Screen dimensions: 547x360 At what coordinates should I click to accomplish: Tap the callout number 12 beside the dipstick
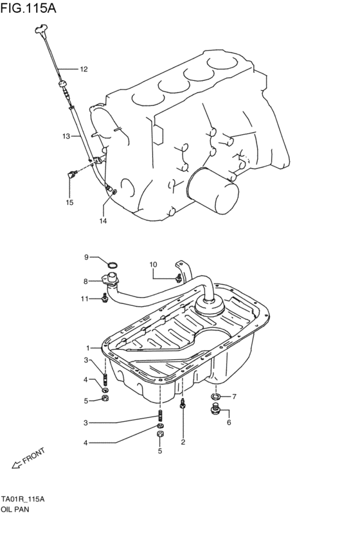point(84,69)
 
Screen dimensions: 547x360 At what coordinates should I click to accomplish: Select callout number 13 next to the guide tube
point(66,136)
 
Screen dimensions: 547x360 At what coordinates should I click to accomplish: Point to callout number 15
point(69,202)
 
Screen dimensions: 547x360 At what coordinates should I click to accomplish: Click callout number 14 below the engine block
point(103,220)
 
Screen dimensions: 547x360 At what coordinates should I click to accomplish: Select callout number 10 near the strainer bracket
point(153,264)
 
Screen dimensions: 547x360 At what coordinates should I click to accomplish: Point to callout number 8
point(85,281)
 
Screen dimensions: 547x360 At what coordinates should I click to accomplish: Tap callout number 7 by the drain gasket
point(234,397)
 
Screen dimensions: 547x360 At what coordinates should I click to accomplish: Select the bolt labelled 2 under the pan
point(183,404)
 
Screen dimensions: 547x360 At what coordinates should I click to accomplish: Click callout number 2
point(183,442)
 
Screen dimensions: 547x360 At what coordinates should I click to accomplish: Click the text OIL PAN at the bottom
point(15,508)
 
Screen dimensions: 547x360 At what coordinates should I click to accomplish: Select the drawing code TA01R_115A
point(22,499)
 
